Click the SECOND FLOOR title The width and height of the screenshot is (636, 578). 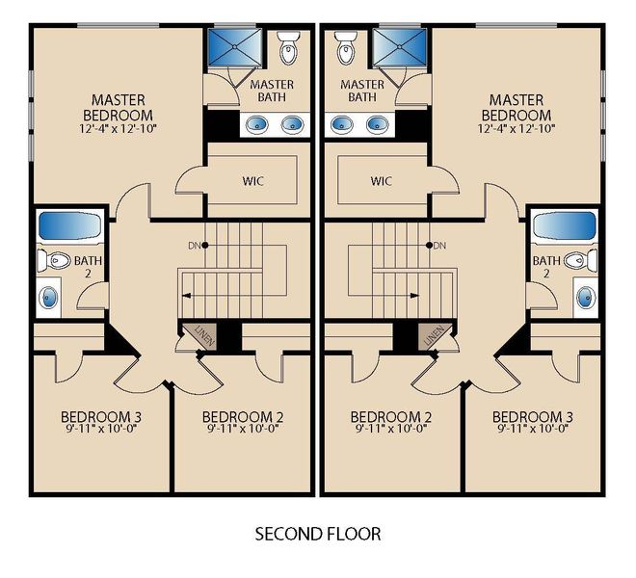(x=318, y=534)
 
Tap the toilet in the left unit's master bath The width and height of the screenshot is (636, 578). (x=288, y=47)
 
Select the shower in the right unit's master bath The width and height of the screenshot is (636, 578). (x=400, y=47)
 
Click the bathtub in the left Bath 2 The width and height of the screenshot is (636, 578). (x=69, y=225)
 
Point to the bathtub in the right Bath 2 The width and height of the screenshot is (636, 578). (x=564, y=225)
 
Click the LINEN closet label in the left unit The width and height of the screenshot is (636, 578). (x=205, y=336)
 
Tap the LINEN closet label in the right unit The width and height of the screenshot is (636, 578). (x=434, y=336)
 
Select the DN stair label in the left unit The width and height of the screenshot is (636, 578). (x=194, y=246)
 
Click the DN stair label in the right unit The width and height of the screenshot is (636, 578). (x=439, y=246)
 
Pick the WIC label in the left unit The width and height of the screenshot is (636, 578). (x=252, y=180)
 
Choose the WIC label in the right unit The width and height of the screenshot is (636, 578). (x=382, y=180)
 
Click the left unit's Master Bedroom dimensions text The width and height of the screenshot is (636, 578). (x=118, y=128)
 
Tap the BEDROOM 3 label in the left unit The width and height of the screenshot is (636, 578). (x=101, y=416)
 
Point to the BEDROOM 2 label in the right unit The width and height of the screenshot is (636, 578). (x=391, y=416)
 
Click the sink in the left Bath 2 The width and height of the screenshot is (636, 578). (x=48, y=298)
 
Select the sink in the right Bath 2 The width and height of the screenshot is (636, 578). (x=586, y=298)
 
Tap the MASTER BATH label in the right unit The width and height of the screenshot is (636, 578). (x=361, y=91)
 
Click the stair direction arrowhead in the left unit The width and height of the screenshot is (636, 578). (x=186, y=296)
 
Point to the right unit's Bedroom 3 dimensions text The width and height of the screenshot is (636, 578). (x=532, y=429)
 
